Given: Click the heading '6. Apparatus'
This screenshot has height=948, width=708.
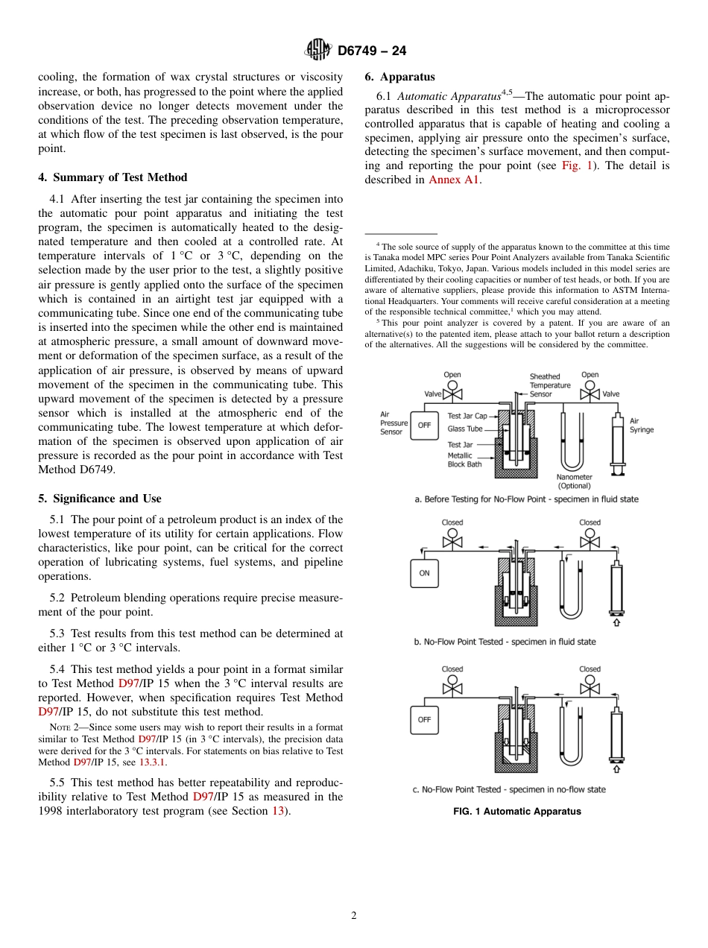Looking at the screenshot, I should click(x=399, y=77).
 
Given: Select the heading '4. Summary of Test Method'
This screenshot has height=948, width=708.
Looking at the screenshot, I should click(x=113, y=177).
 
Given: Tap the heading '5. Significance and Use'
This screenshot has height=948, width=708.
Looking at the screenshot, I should click(x=99, y=499).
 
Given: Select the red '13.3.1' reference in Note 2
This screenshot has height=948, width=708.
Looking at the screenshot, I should click(x=153, y=762).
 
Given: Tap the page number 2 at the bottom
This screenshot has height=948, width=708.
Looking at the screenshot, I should click(x=354, y=916).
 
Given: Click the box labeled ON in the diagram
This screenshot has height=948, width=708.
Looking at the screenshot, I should click(x=424, y=573).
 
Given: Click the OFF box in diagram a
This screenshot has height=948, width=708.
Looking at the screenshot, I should click(x=424, y=426).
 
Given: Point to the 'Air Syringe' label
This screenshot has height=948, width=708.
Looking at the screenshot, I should click(x=641, y=426).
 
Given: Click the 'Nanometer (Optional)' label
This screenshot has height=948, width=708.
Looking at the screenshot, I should click(x=574, y=481).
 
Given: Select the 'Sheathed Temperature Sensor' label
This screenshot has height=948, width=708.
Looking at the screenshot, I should click(x=549, y=385).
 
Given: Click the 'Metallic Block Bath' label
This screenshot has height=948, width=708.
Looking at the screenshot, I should click(x=464, y=460).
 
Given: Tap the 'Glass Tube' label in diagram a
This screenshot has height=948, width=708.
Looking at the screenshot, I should click(x=464, y=429).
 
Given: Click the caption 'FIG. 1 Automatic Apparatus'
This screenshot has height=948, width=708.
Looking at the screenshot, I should click(x=516, y=812).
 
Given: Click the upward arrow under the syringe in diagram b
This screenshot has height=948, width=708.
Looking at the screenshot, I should click(x=616, y=622).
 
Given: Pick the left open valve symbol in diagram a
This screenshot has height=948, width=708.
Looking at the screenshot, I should click(x=452, y=394).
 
